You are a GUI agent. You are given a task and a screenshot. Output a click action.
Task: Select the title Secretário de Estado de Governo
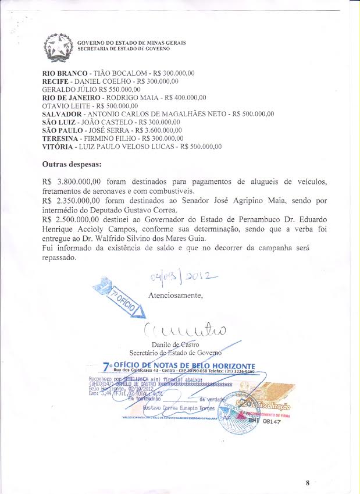point(175,353)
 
